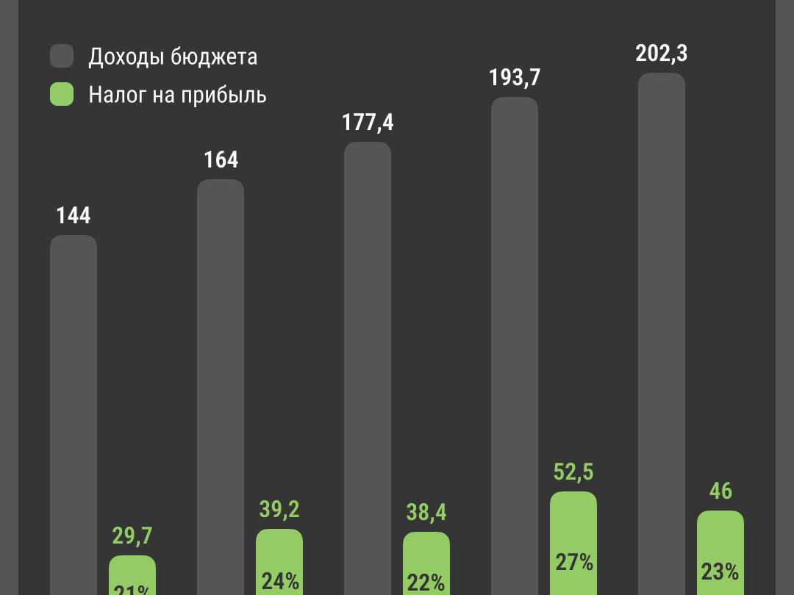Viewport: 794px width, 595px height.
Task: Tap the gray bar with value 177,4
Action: (368, 367)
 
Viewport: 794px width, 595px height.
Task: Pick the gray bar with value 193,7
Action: (515, 345)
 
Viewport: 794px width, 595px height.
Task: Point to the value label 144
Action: (74, 215)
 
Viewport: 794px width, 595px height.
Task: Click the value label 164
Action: (221, 159)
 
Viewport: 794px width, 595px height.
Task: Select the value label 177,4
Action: (368, 122)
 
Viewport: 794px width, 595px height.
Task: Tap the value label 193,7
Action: (515, 77)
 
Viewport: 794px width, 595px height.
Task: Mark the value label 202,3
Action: (662, 54)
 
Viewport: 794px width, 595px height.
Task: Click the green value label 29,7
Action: (132, 535)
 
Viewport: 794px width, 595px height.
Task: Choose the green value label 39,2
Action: (279, 509)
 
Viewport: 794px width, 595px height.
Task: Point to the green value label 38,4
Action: (426, 512)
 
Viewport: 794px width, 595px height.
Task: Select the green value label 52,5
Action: (573, 472)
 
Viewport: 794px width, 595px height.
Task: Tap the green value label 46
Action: (720, 491)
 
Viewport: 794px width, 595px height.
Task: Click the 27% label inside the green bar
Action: (574, 563)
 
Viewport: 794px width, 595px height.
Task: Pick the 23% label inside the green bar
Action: (720, 571)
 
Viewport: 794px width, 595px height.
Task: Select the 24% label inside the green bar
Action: (280, 581)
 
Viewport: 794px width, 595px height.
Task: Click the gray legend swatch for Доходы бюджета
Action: (62, 56)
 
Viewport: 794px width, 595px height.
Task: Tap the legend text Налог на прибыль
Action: (177, 95)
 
